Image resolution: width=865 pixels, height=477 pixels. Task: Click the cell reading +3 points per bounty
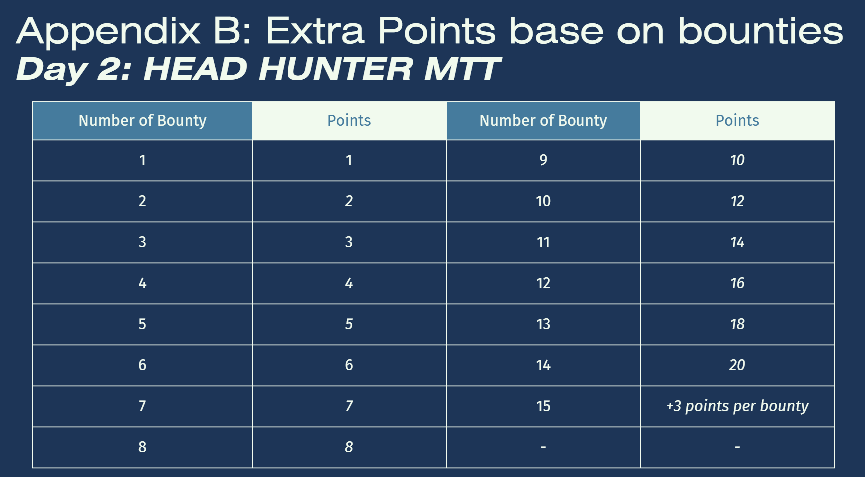coord(737,406)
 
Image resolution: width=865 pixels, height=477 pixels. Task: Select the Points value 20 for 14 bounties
coord(737,365)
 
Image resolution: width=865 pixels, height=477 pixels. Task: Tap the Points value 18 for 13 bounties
coord(737,324)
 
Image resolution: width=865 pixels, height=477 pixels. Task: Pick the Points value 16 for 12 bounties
coord(737,283)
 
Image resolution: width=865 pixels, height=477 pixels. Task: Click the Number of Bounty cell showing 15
coord(543,406)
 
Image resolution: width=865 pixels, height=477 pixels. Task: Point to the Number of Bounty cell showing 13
coord(543,324)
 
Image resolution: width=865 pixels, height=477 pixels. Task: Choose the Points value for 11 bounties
coord(737,242)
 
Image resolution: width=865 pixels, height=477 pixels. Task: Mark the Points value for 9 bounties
coord(737,160)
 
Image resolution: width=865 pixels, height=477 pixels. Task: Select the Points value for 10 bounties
coord(737,201)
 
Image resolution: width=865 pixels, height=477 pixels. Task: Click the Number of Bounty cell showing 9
coord(543,160)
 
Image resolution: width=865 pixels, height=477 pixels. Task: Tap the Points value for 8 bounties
coord(349,447)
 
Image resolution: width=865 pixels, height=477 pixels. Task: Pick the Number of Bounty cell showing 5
coord(142,324)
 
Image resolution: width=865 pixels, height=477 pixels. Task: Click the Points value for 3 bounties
coord(349,242)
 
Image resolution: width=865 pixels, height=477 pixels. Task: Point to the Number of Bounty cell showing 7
coord(142,406)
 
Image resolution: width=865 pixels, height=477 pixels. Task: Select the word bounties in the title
coord(760,31)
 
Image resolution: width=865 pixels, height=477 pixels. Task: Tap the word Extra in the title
coord(315,31)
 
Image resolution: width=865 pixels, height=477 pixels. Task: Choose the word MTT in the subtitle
coord(462,69)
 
